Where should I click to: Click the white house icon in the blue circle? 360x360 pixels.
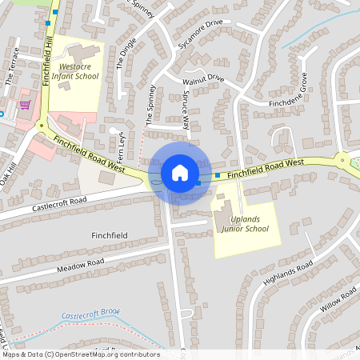pos(179,173)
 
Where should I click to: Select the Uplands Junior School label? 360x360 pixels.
pos(243,224)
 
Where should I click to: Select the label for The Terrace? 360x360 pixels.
pos(12,73)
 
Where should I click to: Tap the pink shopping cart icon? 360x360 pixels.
pos(25,104)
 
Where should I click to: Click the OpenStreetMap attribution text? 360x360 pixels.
pos(82,354)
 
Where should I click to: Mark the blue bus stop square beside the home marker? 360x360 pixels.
pos(217,174)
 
